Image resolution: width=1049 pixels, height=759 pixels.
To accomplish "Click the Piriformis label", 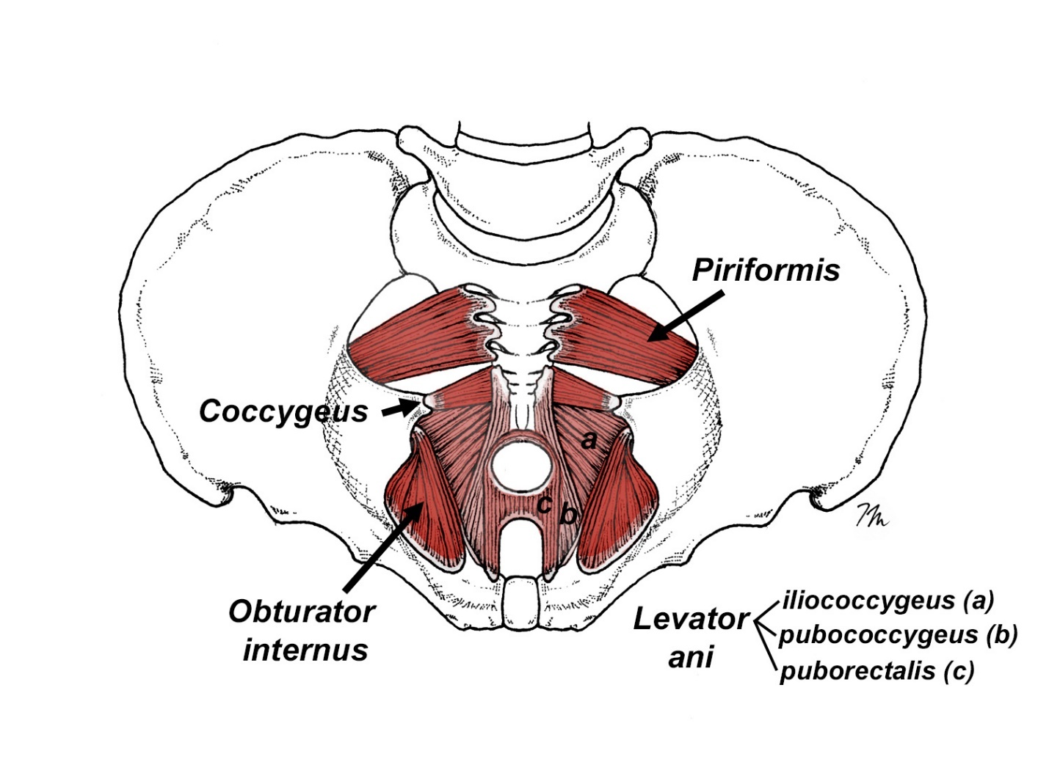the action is pyautogui.click(x=766, y=270).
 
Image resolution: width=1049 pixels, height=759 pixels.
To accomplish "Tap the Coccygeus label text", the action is pyautogui.click(x=283, y=411).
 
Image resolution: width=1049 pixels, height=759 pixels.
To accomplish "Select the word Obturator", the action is pyautogui.click(x=302, y=612).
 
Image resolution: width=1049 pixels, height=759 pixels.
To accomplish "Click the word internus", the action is pyautogui.click(x=305, y=650).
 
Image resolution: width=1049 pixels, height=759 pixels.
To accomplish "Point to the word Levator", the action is pyautogui.click(x=690, y=620).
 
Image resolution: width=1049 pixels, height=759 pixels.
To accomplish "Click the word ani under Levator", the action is pyautogui.click(x=690, y=658).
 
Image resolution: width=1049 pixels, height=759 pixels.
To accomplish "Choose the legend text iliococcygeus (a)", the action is pyautogui.click(x=888, y=601).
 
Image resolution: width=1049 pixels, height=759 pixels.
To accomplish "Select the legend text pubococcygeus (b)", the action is pyautogui.click(x=897, y=635).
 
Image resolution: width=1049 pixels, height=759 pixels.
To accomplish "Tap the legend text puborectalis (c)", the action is pyautogui.click(x=876, y=670).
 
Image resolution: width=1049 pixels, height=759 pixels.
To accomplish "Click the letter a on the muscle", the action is pyautogui.click(x=589, y=440).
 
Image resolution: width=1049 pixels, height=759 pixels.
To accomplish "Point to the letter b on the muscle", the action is pyautogui.click(x=568, y=515).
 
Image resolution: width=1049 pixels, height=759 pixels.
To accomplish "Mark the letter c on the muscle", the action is pyautogui.click(x=545, y=504).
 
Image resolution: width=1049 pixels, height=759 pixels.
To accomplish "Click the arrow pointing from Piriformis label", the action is pyautogui.click(x=686, y=315).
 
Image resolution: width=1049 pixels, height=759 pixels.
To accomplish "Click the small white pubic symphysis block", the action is pyautogui.click(x=521, y=597).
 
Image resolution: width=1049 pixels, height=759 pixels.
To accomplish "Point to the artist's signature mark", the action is pyautogui.click(x=871, y=515).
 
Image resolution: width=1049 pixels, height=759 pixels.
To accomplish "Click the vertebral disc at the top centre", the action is pyautogui.click(x=523, y=136).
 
